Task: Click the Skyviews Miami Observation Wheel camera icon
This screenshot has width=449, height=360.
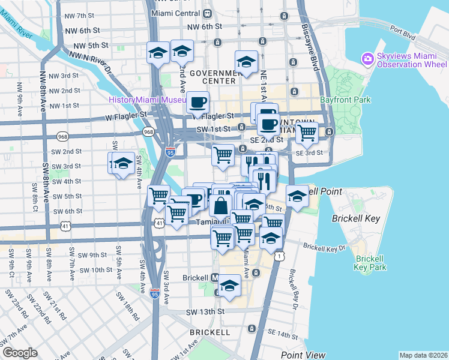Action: tap(367, 59)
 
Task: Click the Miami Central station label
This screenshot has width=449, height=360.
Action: tap(177, 13)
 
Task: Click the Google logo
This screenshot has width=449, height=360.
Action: tap(20, 353)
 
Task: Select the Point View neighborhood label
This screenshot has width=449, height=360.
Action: tap(303, 355)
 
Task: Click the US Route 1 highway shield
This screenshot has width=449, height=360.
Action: tap(279, 256)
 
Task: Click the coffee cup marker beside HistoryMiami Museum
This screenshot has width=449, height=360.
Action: tap(197, 102)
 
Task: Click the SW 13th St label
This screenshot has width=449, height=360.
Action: tap(205, 312)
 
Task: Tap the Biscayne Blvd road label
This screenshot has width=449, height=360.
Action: tap(312, 51)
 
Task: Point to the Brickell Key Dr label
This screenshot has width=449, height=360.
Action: tap(325, 247)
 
